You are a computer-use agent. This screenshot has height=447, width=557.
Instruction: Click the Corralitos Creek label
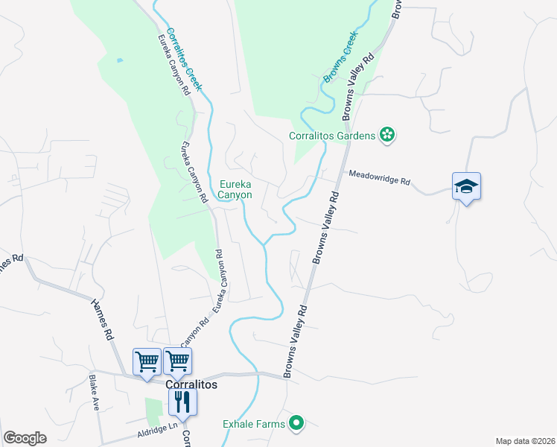coord(184,59)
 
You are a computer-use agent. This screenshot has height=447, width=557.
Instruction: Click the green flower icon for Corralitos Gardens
coord(387,135)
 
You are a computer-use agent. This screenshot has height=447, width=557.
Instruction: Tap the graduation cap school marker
coord(466,187)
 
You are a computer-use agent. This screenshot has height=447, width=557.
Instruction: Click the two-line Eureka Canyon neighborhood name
coord(235,189)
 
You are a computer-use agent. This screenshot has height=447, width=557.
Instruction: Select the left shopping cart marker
coord(147,361)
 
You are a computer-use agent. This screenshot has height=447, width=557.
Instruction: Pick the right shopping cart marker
coord(178,361)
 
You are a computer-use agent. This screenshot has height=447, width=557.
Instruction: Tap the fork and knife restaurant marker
coord(182,402)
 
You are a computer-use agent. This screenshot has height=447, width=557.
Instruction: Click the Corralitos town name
coord(191,384)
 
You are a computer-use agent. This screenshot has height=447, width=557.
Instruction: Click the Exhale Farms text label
coord(254,425)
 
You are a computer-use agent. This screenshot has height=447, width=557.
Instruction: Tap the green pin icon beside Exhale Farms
coord(296,424)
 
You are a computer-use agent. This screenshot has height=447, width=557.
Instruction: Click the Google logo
coord(25,438)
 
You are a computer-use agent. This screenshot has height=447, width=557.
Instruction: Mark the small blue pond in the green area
coord(120,60)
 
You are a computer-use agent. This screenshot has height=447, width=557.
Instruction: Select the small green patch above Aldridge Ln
coord(153,412)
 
